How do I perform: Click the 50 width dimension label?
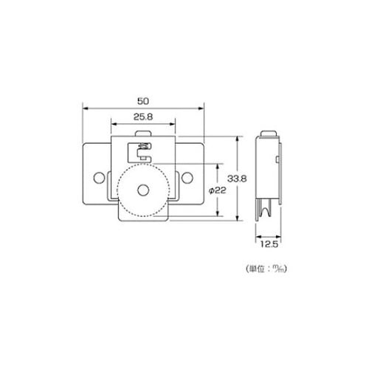pyautogui.click(x=143, y=101)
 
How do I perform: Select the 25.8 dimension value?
pyautogui.click(x=143, y=117)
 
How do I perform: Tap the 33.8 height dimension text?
pyautogui.click(x=237, y=179)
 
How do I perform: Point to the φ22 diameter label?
pyautogui.click(x=217, y=190)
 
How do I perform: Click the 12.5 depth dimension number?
pyautogui.click(x=269, y=244)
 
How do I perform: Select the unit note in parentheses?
pyautogui.click(x=266, y=269)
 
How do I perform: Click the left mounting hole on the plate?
pyautogui.click(x=99, y=178)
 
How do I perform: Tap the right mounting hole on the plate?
pyautogui.click(x=187, y=178)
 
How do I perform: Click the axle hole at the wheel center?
pyautogui.click(x=143, y=190)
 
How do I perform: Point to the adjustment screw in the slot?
pyautogui.click(x=145, y=146)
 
